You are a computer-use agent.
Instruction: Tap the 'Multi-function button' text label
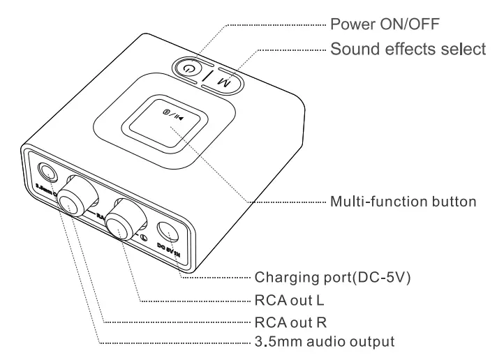402,202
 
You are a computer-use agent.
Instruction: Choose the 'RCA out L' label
287,301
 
